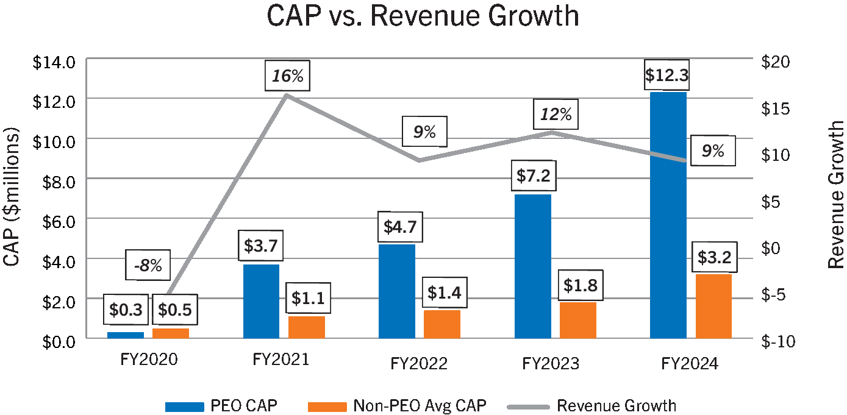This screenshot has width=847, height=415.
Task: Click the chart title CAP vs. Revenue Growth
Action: pyautogui.click(x=423, y=16)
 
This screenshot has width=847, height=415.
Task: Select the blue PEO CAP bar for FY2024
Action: pyautogui.click(x=668, y=213)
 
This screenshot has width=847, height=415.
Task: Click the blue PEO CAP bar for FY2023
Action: pyautogui.click(x=532, y=266)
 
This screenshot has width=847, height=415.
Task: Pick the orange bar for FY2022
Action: pyautogui.click(x=441, y=324)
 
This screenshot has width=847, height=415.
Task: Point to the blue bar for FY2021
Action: pyautogui.click(x=261, y=301)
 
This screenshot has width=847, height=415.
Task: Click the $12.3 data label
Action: pyautogui.click(x=668, y=76)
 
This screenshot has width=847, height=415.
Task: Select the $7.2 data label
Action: pyautogui.click(x=533, y=177)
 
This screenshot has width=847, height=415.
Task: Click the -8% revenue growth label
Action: pyautogui.click(x=148, y=265)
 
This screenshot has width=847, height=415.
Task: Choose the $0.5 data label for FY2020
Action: pyautogui.click(x=174, y=310)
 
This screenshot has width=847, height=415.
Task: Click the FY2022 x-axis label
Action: pyautogui.click(x=419, y=364)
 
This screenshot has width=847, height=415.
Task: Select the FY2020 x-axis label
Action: pyautogui.click(x=149, y=359)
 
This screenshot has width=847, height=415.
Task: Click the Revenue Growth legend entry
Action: pyautogui.click(x=616, y=406)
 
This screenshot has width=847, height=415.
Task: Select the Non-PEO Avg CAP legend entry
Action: pyautogui.click(x=420, y=406)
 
